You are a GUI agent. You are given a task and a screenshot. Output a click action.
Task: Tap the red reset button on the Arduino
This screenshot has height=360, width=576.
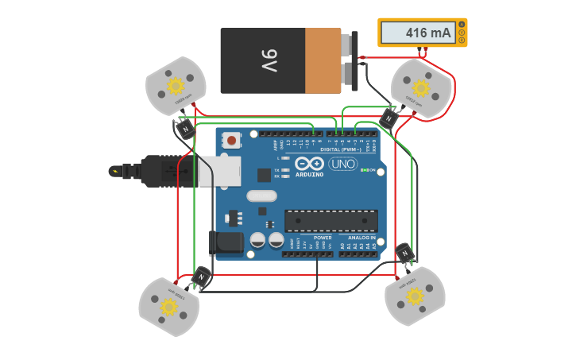pyautogui.click(x=231, y=140)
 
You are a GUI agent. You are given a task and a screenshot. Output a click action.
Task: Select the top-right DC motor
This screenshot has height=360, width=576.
pyautogui.click(x=421, y=87)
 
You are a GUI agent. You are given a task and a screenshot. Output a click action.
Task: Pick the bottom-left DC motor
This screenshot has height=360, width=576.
pyautogui.click(x=168, y=306)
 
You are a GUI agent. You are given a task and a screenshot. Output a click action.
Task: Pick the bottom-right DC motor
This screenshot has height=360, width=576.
pyautogui.click(x=415, y=296)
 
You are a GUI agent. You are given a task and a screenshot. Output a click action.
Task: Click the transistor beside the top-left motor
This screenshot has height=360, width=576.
pyautogui.click(x=185, y=128)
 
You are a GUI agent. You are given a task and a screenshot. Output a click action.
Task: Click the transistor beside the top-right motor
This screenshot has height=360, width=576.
pyautogui.click(x=389, y=118)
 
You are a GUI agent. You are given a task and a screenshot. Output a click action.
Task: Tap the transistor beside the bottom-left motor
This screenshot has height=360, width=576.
pyautogui.click(x=202, y=277)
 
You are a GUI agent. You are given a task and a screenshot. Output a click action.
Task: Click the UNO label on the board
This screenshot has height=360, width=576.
pyautogui.click(x=343, y=164)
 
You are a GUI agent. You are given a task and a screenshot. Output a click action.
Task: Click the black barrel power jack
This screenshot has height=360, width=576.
pyautogui.click(x=224, y=243)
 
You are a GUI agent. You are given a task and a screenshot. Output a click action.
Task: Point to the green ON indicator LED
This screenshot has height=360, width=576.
pyautogui.click(x=363, y=170)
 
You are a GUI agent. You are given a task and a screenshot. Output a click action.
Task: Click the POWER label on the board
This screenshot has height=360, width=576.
pyautogui.click(x=323, y=237)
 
